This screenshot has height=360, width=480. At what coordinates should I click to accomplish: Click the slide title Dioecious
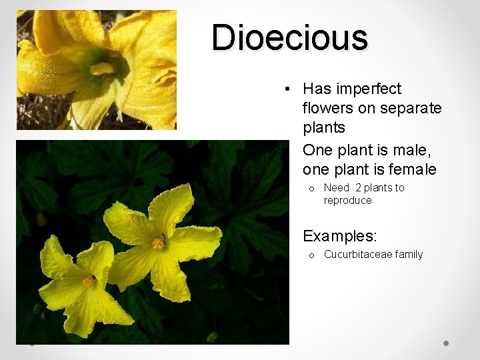[x=289, y=38]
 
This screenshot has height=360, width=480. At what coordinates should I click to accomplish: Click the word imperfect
[x=369, y=89]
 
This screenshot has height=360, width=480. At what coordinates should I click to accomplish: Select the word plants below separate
[x=323, y=127]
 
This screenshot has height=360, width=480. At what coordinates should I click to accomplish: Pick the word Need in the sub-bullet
[x=337, y=188]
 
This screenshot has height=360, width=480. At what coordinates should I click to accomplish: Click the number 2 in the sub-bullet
[x=359, y=188]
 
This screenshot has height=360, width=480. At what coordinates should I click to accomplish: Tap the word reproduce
[x=347, y=200]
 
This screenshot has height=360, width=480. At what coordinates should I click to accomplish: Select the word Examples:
[x=340, y=235]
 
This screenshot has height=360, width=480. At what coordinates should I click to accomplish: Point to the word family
[x=409, y=254]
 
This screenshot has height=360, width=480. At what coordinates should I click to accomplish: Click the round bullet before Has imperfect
[x=285, y=89]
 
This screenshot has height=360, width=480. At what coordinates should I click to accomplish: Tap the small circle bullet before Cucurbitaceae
[x=311, y=255]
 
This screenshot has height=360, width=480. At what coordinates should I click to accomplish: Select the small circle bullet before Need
[x=311, y=189]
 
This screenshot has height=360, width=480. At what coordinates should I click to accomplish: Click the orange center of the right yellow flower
[x=158, y=243]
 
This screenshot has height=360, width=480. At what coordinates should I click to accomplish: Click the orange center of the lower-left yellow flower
[x=88, y=282]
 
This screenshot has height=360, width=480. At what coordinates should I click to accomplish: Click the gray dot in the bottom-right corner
[x=446, y=343]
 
